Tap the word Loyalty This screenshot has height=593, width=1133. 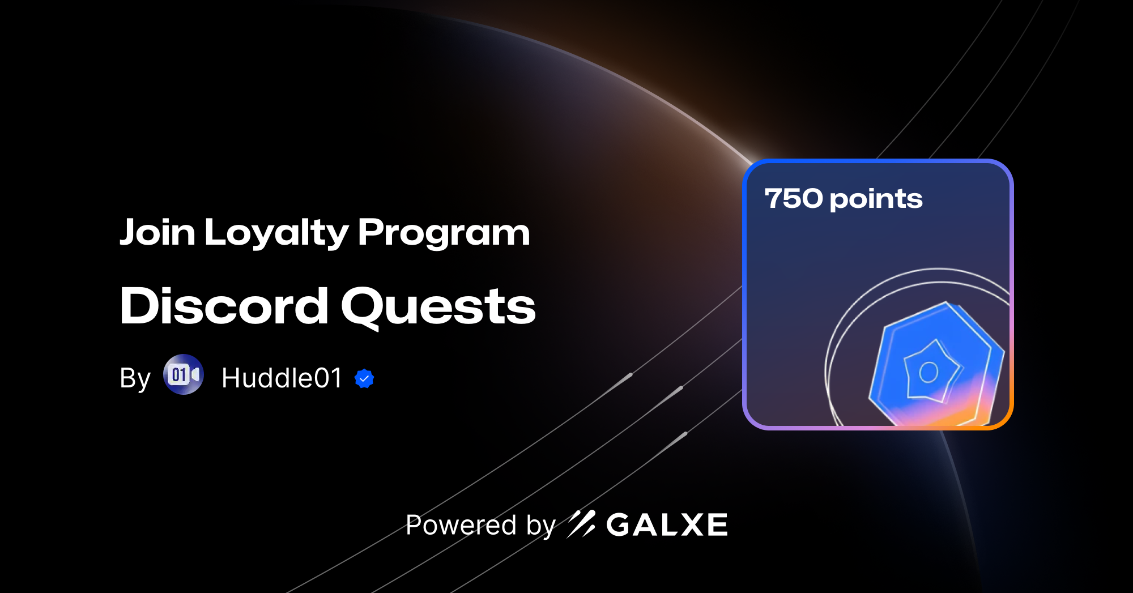point(276,233)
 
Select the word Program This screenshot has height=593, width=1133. point(444,233)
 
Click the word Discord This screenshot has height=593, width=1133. point(224,306)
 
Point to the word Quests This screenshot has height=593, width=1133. point(438,306)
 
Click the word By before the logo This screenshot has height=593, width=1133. point(135,378)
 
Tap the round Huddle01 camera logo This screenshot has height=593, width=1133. point(184,374)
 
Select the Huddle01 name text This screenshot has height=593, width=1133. point(282,378)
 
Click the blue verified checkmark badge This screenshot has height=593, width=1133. point(364,378)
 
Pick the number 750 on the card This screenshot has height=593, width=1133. point(793,199)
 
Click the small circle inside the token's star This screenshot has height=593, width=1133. point(928,372)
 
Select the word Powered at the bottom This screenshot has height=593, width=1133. point(461,525)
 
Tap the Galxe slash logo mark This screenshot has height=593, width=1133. point(581,524)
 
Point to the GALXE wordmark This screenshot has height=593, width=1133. point(667,525)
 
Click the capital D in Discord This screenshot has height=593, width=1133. point(139,306)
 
